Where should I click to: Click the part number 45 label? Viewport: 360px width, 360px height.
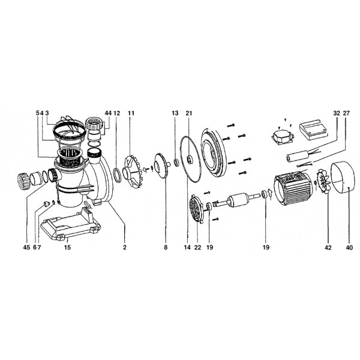(26, 247)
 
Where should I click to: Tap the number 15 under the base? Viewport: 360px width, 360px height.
(67, 247)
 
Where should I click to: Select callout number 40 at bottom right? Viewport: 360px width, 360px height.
(349, 247)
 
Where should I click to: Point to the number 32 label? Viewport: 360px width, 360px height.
(337, 113)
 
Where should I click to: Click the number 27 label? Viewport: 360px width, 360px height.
(346, 113)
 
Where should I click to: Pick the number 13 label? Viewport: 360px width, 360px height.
(175, 113)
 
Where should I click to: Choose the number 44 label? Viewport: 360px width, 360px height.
(108, 113)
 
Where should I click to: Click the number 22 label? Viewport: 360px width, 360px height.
(197, 247)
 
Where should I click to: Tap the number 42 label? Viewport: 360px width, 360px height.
(328, 247)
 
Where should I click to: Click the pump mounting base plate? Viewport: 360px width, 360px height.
(70, 224)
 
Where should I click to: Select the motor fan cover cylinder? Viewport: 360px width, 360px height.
(343, 176)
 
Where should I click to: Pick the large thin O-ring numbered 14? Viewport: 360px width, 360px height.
(190, 159)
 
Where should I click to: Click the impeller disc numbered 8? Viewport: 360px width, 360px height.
(161, 166)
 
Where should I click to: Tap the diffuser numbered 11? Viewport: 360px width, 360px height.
(132, 171)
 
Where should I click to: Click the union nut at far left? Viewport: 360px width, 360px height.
(23, 181)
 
